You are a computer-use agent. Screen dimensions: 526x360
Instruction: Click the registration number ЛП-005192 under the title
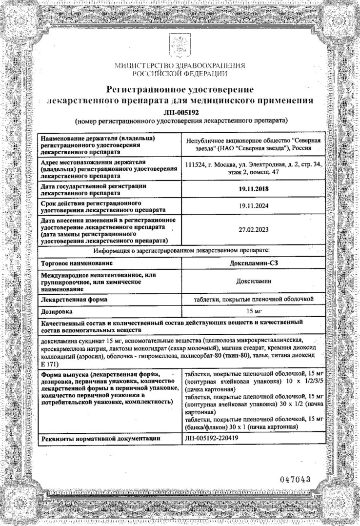(180, 111)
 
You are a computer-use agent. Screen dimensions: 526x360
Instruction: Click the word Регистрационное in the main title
(147, 89)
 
